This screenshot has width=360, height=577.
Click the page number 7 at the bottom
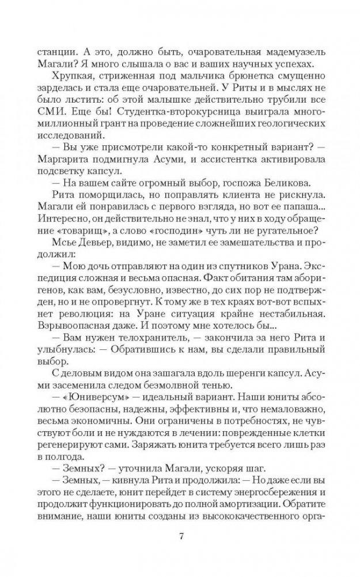(180, 537)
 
